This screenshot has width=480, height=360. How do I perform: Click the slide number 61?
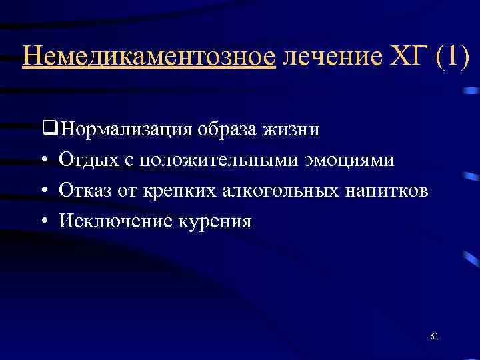point(434,336)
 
